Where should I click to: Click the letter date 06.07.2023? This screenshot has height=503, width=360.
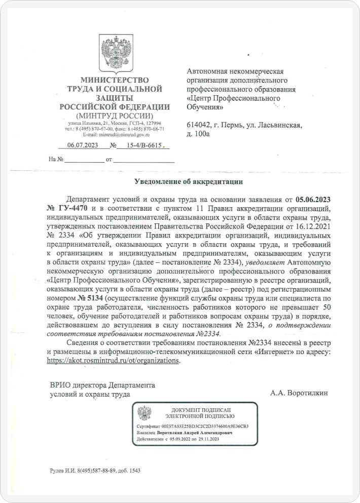(83, 145)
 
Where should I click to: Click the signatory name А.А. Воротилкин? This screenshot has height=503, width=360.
(299, 393)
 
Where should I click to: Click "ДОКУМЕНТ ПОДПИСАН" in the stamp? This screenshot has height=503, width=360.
(201, 409)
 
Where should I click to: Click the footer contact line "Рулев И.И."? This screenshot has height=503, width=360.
(94, 470)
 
